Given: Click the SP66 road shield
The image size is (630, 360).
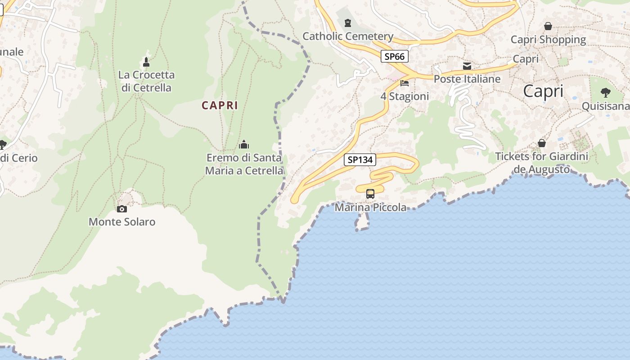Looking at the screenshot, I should (395, 56).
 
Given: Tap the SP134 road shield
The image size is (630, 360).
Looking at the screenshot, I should (360, 160).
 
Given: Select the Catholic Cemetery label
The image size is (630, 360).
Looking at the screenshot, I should (348, 36).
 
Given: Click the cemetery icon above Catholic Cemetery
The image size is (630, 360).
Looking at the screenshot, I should (347, 22).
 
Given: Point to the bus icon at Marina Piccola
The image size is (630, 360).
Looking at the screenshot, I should (370, 194).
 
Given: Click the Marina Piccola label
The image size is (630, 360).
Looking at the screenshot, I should (370, 207).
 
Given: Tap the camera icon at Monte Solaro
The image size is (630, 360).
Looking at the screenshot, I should (121, 209).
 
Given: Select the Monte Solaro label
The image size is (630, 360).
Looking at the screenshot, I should (122, 222).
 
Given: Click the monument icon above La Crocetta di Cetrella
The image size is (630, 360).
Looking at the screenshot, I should (146, 62).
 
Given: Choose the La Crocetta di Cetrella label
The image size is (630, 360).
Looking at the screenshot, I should (146, 81).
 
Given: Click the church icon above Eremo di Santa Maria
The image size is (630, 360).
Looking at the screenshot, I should (244, 144).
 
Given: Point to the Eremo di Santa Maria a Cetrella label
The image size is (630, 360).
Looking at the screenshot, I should (244, 164).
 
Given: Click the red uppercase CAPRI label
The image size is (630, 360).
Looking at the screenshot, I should (220, 105).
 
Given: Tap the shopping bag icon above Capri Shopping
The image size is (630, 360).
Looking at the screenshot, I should (548, 26).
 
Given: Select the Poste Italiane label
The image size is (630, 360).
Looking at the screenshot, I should (467, 79).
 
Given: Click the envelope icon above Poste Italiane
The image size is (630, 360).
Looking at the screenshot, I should (467, 66).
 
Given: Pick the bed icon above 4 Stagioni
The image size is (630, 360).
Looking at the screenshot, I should (405, 83).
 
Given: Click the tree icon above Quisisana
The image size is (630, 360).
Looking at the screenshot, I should (606, 93).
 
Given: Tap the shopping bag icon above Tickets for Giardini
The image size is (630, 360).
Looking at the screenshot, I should (542, 143).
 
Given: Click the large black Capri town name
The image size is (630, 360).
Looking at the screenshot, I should (543, 91).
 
